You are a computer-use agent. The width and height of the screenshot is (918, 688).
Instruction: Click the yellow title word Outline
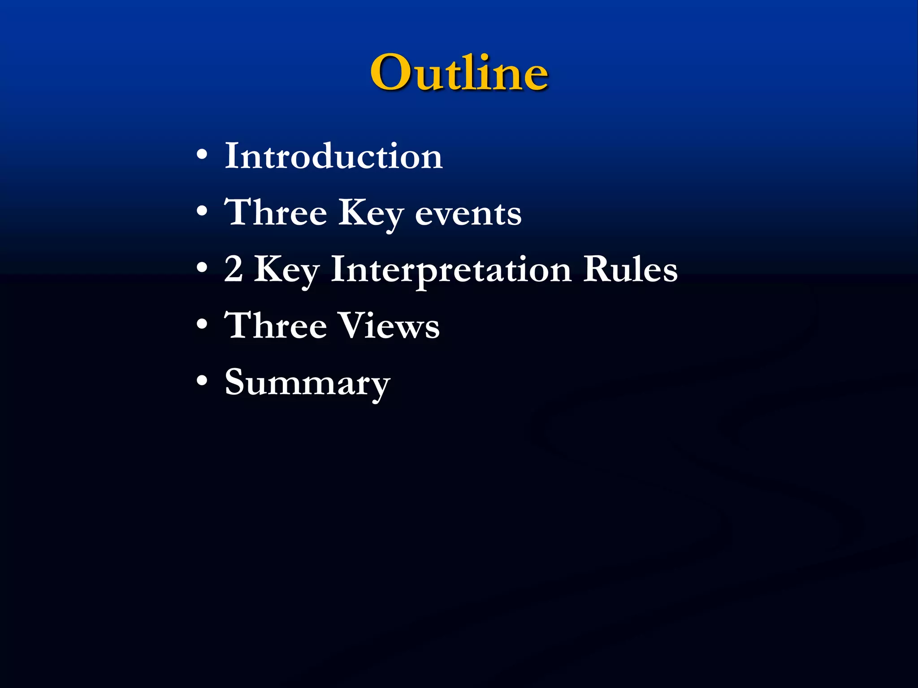459,72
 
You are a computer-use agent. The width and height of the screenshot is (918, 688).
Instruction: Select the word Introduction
333,156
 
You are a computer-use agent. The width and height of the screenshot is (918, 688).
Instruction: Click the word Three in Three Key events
275,212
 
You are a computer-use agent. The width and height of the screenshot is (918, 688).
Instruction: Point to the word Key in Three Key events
371,214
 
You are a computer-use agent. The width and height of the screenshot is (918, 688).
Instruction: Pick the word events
468,214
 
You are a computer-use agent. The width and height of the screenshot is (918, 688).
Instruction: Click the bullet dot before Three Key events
202,211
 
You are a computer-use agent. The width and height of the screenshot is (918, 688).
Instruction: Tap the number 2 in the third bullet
234,269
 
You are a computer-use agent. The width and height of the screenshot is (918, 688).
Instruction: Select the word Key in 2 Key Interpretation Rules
287,270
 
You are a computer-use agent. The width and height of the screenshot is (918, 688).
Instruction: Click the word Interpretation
451,270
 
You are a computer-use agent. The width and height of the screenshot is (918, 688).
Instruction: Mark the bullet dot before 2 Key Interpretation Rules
202,267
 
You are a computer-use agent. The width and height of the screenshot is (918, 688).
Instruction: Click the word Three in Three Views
275,325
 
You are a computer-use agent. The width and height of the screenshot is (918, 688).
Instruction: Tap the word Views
388,326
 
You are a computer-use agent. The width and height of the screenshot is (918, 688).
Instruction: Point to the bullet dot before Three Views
202,324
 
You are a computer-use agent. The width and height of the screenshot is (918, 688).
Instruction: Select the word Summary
307,383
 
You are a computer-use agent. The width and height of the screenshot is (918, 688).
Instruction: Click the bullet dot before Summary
202,380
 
